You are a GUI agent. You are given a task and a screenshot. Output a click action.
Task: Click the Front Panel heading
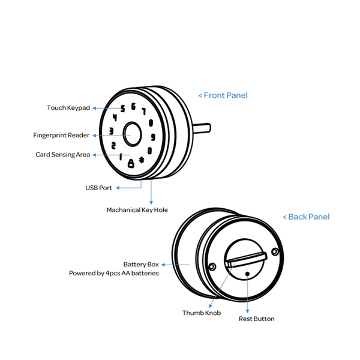coord(223,95)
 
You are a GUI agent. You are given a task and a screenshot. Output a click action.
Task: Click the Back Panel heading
coord(306,217)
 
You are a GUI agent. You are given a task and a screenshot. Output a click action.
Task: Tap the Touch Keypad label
coord(68,107)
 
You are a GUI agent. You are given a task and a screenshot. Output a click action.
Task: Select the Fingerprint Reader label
coord(61,135)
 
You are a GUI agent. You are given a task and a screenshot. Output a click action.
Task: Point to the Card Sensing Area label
coord(62,155)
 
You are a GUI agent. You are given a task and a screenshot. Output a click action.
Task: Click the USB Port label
coord(99,188)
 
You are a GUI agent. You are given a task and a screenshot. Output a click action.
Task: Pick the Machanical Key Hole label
coord(137,210)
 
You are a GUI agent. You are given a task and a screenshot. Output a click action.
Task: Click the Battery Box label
coord(141,264)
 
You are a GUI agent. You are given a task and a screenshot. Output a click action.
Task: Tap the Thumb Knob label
coord(202,313)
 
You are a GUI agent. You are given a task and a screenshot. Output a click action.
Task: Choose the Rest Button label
coord(257,319)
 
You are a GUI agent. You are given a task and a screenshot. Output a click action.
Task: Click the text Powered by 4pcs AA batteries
coord(114,273)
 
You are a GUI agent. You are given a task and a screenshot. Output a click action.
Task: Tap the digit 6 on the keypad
coord(133,107)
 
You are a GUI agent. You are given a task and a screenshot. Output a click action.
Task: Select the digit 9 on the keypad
coord(153,137)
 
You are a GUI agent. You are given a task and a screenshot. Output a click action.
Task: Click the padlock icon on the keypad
coord(131,163)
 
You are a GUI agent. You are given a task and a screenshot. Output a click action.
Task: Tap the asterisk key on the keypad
coord(142,160)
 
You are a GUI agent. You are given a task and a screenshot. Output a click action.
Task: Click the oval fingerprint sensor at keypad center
coord(132,134)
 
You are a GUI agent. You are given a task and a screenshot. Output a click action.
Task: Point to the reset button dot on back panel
coord(247,274)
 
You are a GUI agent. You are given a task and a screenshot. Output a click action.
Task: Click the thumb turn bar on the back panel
coord(246,260)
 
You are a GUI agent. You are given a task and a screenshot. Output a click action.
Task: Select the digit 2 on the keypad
coord(113,146)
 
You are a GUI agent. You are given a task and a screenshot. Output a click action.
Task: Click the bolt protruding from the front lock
coord(202,128)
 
